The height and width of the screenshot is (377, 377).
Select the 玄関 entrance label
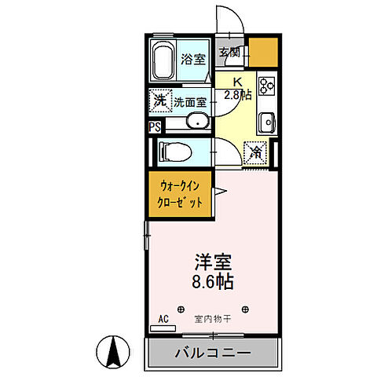pos(229,54)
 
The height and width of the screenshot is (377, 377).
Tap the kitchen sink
pos(266,123)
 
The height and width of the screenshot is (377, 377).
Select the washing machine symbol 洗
pos(159,101)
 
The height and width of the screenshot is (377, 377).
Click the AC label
pos(164,320)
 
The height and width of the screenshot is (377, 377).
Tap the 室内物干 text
pos(212,320)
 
